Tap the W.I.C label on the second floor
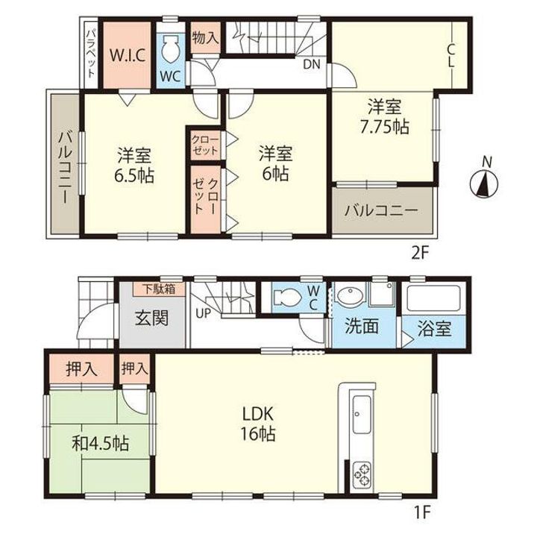127,55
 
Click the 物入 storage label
205,37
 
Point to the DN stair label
311,64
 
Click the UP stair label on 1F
203,313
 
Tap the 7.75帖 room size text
384,128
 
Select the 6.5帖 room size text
134,176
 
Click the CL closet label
451,56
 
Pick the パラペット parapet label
90,54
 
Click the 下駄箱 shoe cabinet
159,289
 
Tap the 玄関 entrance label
152,318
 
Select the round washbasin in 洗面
350,295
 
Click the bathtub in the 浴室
433,298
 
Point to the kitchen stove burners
361,474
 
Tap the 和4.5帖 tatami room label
101,445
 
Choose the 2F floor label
420,254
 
